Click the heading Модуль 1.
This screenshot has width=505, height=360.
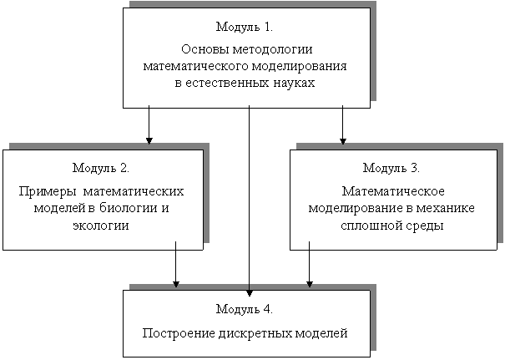pyautogui.click(x=245, y=27)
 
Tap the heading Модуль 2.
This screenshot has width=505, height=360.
pyautogui.click(x=101, y=168)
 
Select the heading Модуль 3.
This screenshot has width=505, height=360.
pyautogui.click(x=391, y=168)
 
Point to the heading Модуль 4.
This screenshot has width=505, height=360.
pyautogui.click(x=245, y=309)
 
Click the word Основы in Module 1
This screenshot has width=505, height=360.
pyautogui.click(x=205, y=49)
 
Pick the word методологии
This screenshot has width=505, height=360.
pyautogui.click(x=272, y=49)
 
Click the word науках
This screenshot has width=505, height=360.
pyautogui.click(x=294, y=83)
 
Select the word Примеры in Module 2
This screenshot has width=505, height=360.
pyautogui.click(x=48, y=192)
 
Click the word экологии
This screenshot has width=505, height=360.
pyautogui.click(x=101, y=226)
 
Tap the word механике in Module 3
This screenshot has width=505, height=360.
pyautogui.click(x=446, y=208)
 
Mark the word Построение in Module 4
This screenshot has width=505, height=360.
pyautogui.click(x=179, y=333)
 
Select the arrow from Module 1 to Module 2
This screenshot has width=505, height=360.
pyautogui.click(x=149, y=124)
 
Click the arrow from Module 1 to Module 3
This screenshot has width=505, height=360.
pyautogui.click(x=343, y=124)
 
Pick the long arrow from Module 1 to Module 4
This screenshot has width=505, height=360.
pyautogui.click(x=249, y=200)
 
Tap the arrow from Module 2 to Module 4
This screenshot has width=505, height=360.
pyautogui.click(x=175, y=264)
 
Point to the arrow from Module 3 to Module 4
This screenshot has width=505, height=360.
pyautogui.click(x=309, y=264)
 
